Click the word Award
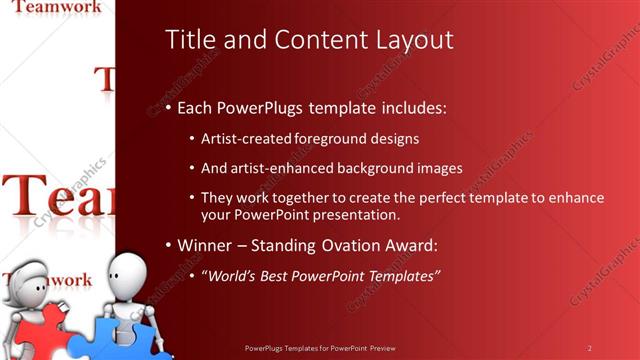click(411, 245)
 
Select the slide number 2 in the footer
click(589, 348)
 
